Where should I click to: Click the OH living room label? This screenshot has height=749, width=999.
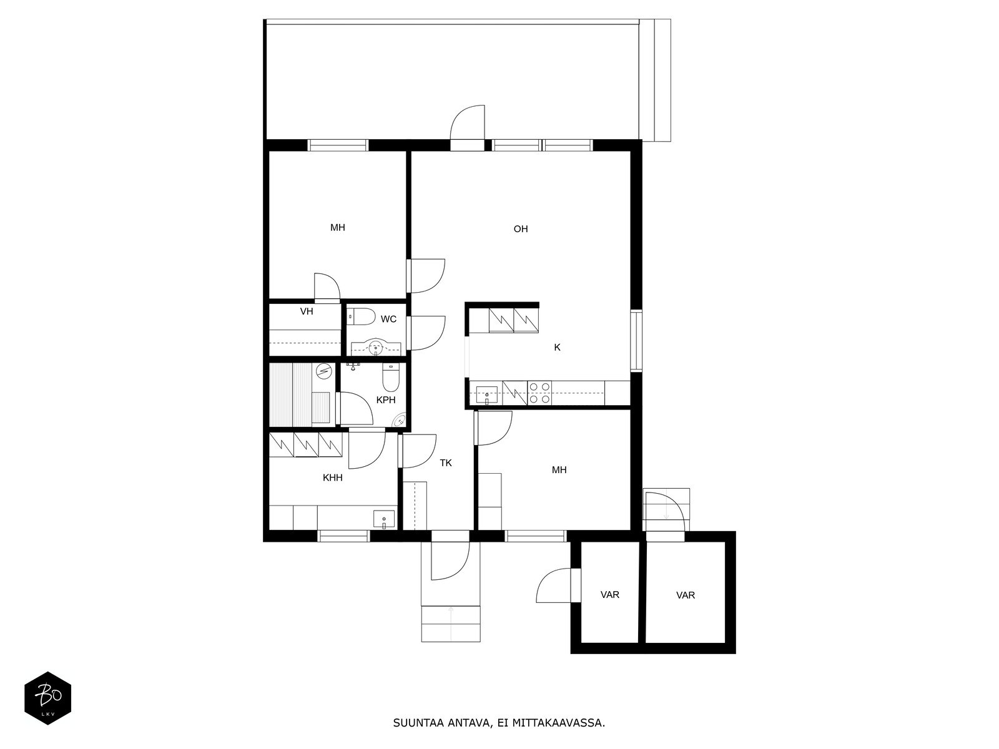click(521, 228)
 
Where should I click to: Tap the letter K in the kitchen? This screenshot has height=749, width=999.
click(557, 348)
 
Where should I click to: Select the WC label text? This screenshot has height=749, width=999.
click(388, 319)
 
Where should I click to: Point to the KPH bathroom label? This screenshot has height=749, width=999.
click(385, 399)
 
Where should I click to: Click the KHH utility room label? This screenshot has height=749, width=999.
click(332, 477)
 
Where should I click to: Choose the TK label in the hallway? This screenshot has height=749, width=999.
click(446, 463)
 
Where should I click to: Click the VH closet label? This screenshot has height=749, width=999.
click(307, 311)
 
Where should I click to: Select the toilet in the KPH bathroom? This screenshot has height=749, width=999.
click(390, 378)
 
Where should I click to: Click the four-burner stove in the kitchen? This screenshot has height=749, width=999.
click(539, 393)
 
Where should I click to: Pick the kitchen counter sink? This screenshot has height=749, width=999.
click(486, 395)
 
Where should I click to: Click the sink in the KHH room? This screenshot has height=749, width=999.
click(383, 519)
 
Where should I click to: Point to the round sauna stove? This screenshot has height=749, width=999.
click(324, 371)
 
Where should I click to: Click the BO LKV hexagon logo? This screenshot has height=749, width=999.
click(48, 698)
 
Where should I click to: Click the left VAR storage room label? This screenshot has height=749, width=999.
click(610, 595)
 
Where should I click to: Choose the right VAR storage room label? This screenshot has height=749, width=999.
click(686, 595)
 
